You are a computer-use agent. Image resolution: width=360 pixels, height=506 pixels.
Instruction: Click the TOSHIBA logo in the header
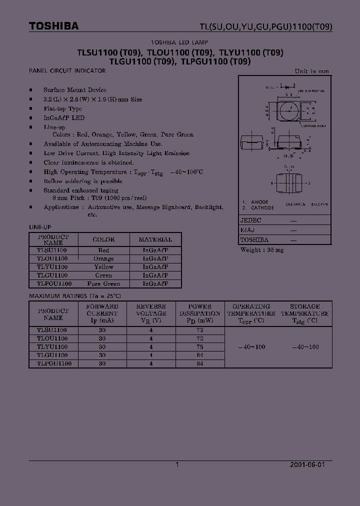tap(54, 26)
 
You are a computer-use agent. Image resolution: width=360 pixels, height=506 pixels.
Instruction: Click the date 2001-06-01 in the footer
tap(307, 464)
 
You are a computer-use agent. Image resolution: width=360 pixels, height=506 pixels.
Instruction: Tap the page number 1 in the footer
tap(177, 464)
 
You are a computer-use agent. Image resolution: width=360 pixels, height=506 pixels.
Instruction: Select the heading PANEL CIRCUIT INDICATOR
tap(67, 71)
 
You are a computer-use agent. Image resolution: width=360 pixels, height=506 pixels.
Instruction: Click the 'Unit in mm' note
tap(312, 71)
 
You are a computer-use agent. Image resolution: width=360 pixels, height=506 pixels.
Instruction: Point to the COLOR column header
tap(103, 239)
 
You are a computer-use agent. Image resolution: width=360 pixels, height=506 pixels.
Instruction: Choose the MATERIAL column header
tap(155, 239)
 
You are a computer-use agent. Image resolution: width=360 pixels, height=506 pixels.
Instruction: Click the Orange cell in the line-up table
tap(103, 258)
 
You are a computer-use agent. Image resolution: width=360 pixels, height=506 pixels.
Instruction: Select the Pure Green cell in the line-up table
tap(103, 283)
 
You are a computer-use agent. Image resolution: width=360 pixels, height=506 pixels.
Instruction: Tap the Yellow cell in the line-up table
tap(103, 267)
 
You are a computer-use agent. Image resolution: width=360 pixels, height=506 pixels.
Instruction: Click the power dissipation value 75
tap(200, 346)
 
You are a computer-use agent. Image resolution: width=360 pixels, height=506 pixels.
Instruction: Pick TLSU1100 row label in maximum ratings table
tap(52, 330)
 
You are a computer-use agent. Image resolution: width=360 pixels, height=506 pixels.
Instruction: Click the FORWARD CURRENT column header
tap(102, 313)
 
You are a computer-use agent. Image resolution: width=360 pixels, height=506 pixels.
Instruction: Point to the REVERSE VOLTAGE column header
tap(151, 313)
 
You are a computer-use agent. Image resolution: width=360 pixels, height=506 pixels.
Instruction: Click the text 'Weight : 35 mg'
tap(262, 249)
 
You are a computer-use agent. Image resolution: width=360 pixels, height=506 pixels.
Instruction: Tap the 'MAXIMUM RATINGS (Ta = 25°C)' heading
tap(75, 295)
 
